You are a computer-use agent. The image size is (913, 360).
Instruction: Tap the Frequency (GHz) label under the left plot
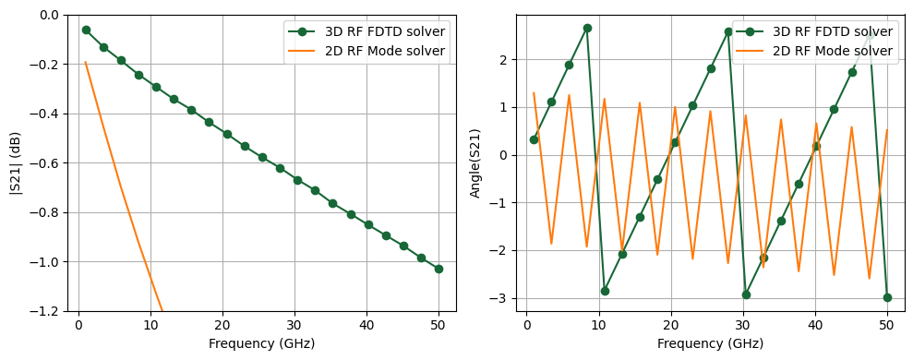(261, 343)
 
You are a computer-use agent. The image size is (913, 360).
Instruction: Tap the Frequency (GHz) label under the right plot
(710, 343)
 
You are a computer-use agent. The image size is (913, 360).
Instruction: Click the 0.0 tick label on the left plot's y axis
(50, 16)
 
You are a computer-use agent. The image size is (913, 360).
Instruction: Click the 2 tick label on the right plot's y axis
(506, 60)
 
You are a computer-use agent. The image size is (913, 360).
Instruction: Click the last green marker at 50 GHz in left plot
(438, 269)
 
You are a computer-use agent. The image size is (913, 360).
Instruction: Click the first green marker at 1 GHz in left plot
(86, 30)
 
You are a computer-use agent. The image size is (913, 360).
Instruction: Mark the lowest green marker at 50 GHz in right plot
(887, 297)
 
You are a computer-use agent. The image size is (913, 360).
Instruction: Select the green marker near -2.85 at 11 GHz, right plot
(605, 291)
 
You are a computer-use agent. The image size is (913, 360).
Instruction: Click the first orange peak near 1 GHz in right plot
(534, 93)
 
